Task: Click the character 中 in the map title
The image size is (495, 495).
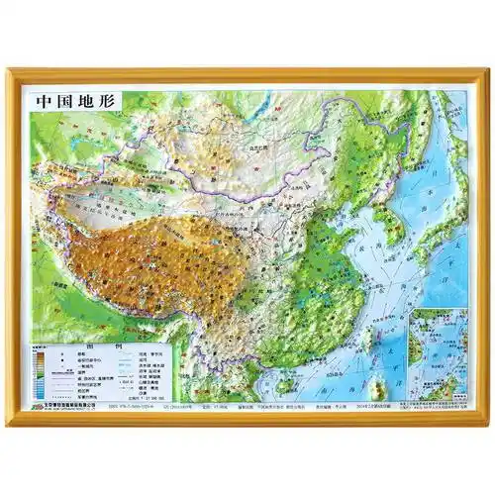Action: (x=42, y=101)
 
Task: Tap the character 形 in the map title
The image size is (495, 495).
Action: (x=94, y=101)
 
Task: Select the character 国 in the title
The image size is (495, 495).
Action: (x=58, y=101)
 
